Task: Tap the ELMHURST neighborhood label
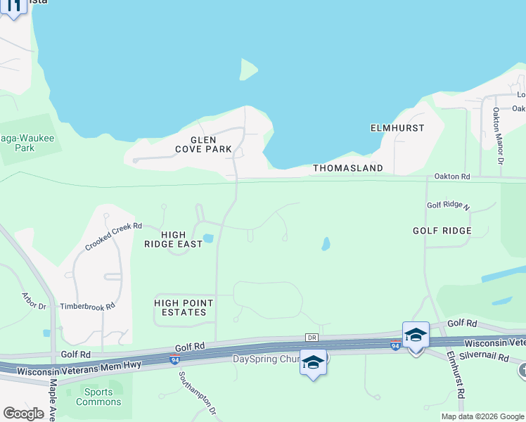[x=397, y=128]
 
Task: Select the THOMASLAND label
[x=347, y=168]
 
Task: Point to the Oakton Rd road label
[x=451, y=176]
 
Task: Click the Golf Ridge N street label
[x=448, y=205]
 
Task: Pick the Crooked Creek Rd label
[x=114, y=236]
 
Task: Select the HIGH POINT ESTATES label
[x=184, y=307]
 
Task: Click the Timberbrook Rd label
[x=87, y=306]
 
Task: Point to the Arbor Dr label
[x=34, y=301]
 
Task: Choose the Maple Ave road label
[x=53, y=397]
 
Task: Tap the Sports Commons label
[x=98, y=397]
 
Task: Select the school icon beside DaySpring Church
[x=313, y=363]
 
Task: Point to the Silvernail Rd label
[x=485, y=357]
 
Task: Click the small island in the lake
[x=248, y=69]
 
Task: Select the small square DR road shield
[x=312, y=338]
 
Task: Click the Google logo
[x=23, y=414]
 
